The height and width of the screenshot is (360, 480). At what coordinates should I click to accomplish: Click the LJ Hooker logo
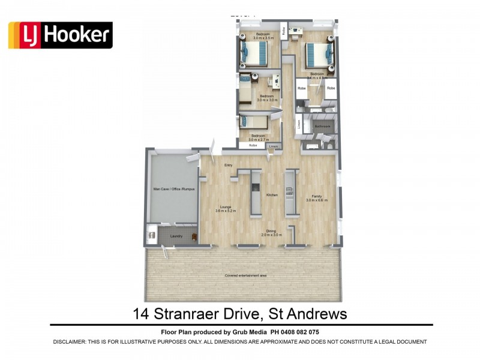(60, 35)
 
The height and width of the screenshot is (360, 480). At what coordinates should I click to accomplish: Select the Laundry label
(176, 236)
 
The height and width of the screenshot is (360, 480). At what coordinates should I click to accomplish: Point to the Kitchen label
(272, 194)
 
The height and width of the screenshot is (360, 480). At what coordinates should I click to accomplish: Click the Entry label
(228, 166)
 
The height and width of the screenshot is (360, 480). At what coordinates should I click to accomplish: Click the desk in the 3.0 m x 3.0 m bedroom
(275, 81)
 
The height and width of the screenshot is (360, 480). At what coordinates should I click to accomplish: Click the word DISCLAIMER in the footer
(77, 341)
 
